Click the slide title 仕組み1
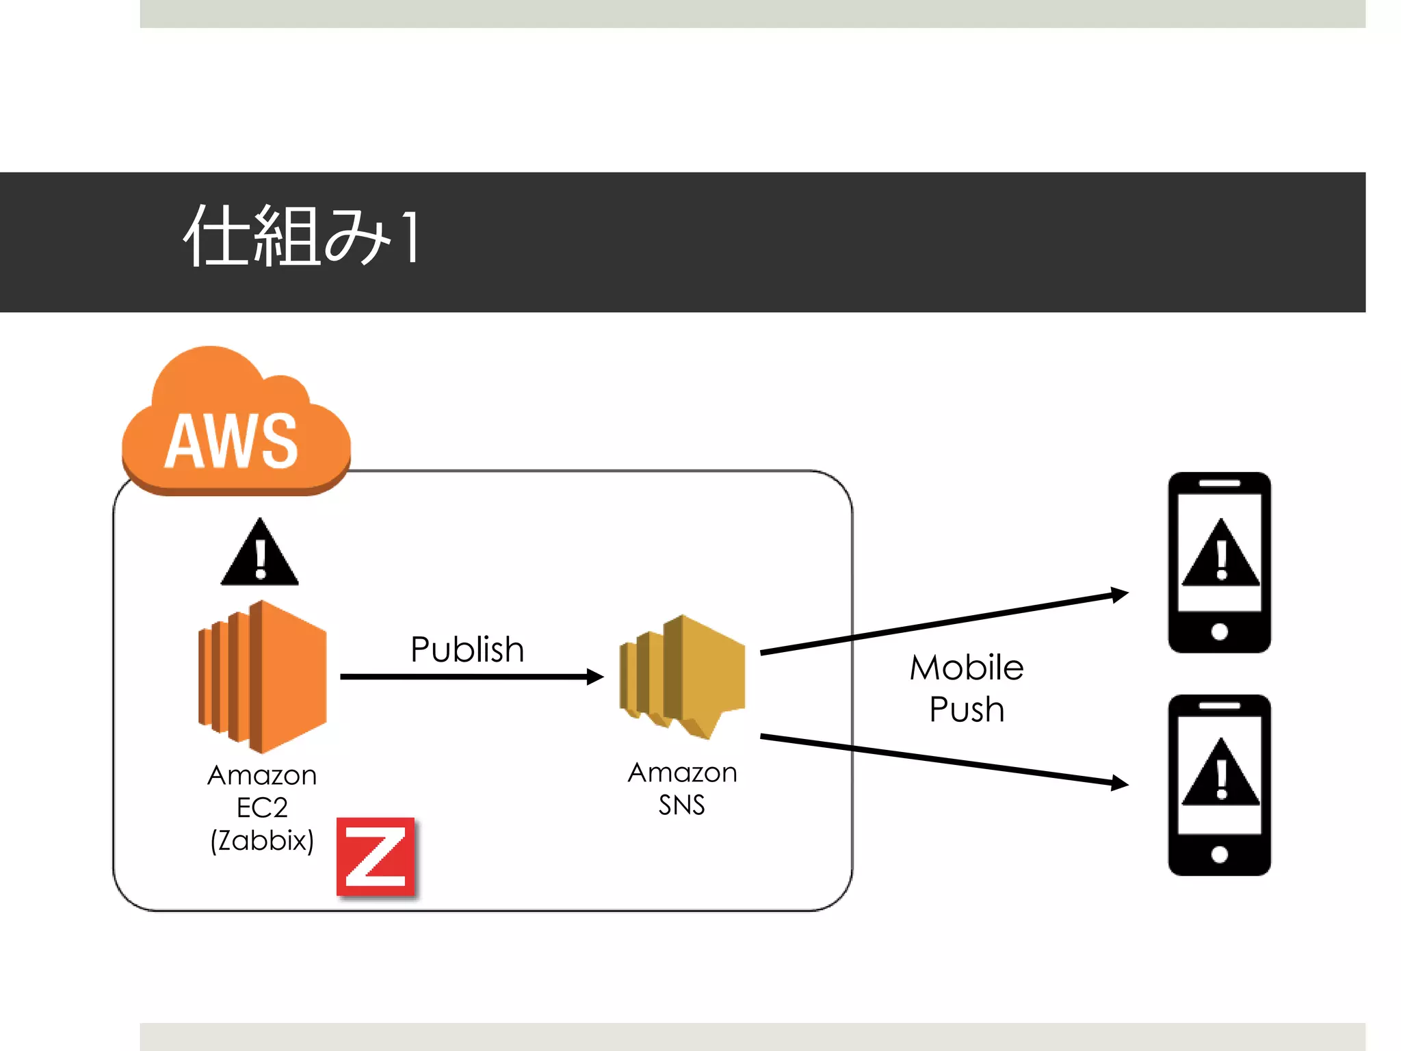click(302, 236)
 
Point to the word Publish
click(467, 649)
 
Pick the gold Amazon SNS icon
click(683, 676)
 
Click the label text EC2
click(262, 808)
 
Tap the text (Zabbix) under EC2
click(262, 841)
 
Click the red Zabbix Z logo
click(376, 857)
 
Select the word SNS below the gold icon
click(681, 805)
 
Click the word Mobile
click(967, 668)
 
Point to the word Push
click(967, 710)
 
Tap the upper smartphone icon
click(1220, 562)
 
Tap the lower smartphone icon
click(1220, 785)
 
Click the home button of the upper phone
click(1220, 632)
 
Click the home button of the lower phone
click(1220, 854)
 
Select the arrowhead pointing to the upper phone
click(1118, 595)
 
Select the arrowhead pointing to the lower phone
click(1118, 783)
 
